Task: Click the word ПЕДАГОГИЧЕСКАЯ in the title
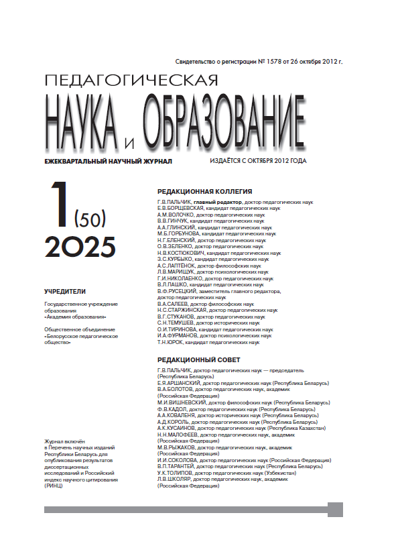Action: pyautogui.click(x=130, y=80)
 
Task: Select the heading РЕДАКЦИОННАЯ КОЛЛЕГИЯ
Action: pyautogui.click(x=204, y=190)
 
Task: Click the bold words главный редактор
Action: pyautogui.click(x=218, y=201)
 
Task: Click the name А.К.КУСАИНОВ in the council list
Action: pyautogui.click(x=177, y=429)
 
